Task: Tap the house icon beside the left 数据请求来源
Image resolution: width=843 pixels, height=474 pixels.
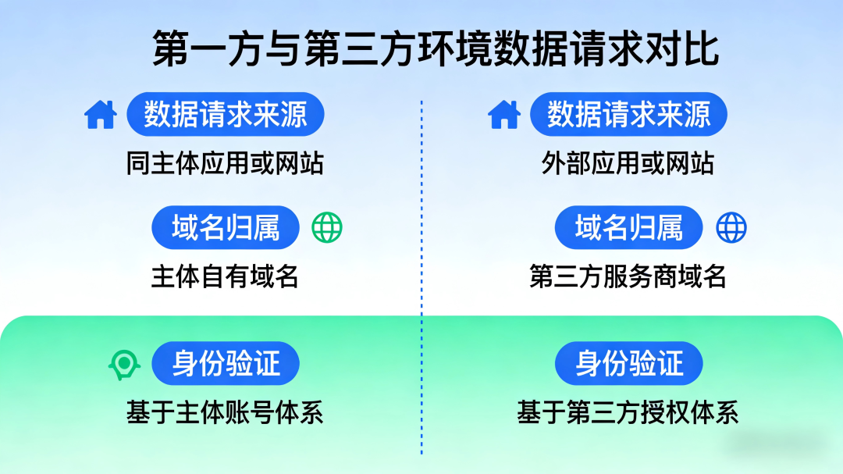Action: point(100,115)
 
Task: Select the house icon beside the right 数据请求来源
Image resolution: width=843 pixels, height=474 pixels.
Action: point(503,115)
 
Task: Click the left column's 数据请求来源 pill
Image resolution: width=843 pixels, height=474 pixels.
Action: point(225,115)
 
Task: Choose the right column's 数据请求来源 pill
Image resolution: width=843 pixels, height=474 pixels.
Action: point(628,115)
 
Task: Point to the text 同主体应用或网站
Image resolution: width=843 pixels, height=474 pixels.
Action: point(225,163)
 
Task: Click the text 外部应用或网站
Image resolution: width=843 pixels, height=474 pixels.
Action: point(628,163)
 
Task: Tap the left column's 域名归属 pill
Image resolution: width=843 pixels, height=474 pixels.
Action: point(226,227)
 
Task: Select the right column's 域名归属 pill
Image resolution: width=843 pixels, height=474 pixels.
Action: point(628,227)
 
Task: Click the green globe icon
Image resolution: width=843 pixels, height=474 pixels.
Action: point(327,228)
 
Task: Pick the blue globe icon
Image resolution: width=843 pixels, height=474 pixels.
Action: point(731,228)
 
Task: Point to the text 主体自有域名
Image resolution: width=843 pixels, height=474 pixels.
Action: point(225,276)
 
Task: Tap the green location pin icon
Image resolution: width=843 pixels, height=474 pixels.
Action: point(123,364)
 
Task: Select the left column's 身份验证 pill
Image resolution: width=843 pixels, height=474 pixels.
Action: point(226,364)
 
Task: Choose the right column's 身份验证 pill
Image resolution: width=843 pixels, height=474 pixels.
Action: point(628,364)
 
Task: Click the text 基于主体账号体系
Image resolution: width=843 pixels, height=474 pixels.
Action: point(225,412)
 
